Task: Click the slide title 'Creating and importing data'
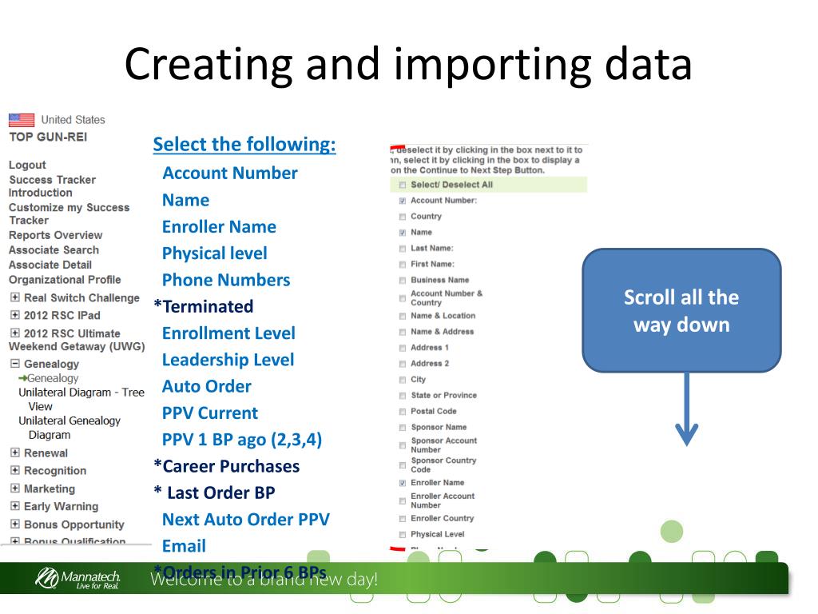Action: tap(407, 64)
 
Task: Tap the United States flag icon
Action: tap(22, 120)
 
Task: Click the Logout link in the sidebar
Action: tap(27, 165)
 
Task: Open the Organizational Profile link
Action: tap(65, 279)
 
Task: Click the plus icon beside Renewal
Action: tap(14, 453)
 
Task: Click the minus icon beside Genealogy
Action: tap(14, 364)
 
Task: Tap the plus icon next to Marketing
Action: tap(14, 488)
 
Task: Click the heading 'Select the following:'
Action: tap(244, 145)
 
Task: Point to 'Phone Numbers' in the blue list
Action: tap(226, 280)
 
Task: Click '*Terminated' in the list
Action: tap(204, 306)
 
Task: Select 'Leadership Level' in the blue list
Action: tap(228, 360)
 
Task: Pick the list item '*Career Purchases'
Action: tap(227, 466)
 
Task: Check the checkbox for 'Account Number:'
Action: tap(403, 201)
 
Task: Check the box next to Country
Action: tap(403, 217)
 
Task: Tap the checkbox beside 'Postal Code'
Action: tap(403, 412)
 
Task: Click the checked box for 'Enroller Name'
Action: tap(403, 483)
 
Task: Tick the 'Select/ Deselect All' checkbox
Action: tap(403, 185)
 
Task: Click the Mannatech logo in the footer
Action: tap(76, 578)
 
